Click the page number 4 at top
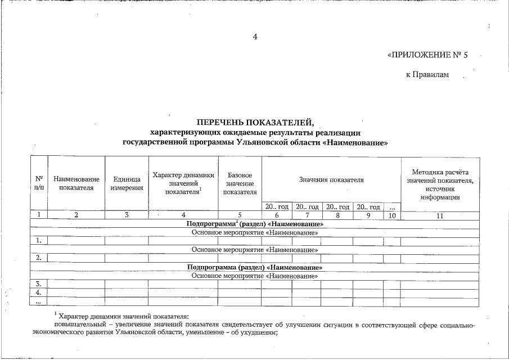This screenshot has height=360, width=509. point(255,37)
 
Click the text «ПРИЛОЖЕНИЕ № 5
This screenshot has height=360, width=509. point(427,56)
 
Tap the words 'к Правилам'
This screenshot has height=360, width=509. point(427,75)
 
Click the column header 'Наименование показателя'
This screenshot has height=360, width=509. point(76,183)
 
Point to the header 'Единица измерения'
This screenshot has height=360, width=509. point(127,183)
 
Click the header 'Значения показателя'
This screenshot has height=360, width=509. point(331,180)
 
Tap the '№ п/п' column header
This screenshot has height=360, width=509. point(38,183)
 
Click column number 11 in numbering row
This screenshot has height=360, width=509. point(440,215)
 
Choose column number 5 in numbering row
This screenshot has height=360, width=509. point(240,215)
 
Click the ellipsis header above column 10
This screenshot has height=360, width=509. point(391,207)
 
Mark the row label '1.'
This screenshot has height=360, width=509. point(38,241)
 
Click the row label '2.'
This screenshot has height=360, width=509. point(38,258)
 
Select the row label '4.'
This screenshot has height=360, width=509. point(38,292)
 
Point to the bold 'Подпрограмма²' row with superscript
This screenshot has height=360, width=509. point(255,224)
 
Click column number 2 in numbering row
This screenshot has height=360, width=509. point(76,215)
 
